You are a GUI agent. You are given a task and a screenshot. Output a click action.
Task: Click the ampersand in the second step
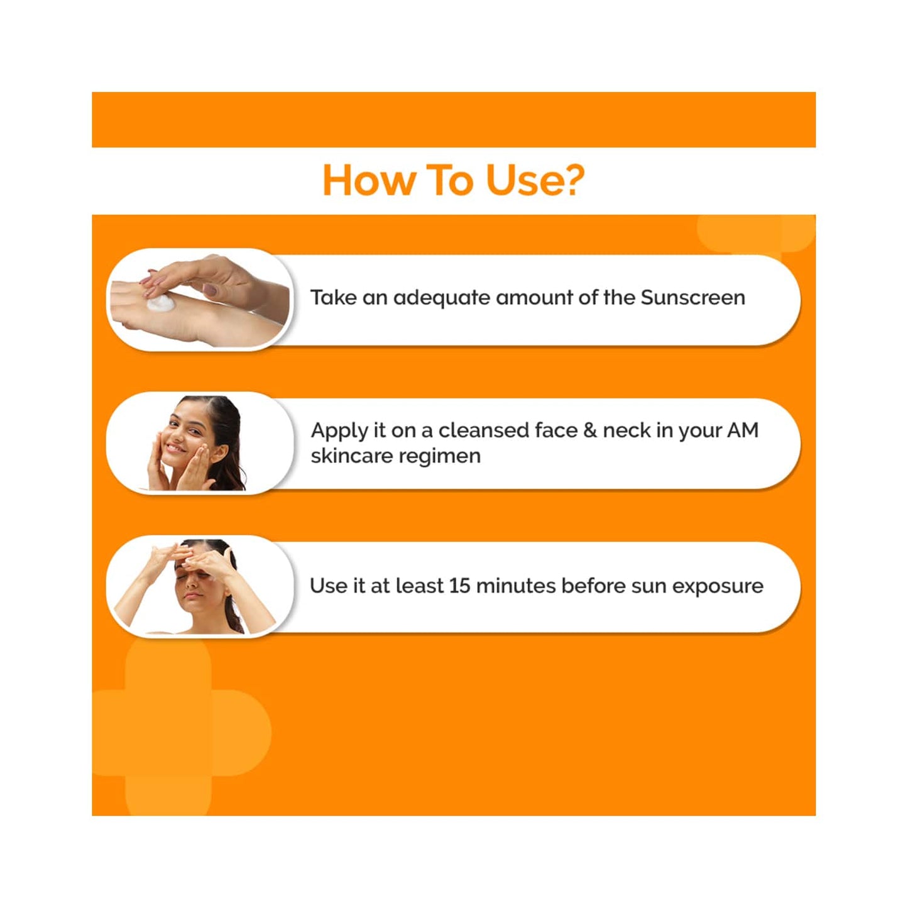pyautogui.click(x=589, y=430)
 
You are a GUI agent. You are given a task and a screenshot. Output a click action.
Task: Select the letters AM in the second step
pyautogui.click(x=743, y=430)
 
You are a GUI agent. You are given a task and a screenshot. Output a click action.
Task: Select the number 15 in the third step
pyautogui.click(x=459, y=586)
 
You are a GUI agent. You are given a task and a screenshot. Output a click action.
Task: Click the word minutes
pyautogui.click(x=516, y=586)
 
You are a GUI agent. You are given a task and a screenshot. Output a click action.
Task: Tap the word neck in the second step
pyautogui.click(x=626, y=430)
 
